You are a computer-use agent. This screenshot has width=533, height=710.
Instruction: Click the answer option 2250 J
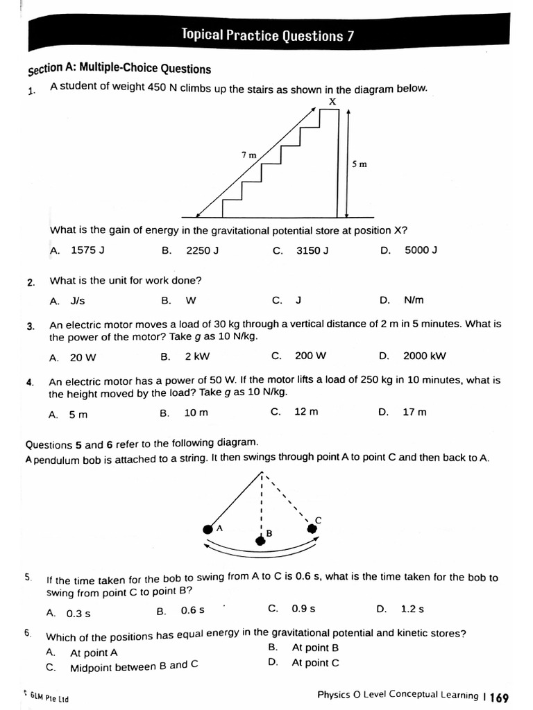202,250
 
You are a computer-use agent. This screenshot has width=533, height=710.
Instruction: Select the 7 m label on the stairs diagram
248,155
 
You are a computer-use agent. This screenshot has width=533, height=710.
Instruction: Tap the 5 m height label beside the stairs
359,164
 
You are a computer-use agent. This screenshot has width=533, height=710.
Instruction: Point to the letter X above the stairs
332,101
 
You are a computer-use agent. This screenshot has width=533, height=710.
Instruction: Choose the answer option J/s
78,301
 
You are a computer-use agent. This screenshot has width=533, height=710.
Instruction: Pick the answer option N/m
413,300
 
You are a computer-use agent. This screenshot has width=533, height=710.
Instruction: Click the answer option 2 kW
197,356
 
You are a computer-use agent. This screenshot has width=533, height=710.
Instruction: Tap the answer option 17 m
414,412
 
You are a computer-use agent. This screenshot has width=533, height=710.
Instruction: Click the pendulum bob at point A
208,530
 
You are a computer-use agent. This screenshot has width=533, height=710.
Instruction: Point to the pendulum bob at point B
260,541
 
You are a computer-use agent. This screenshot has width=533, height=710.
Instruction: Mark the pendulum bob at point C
312,528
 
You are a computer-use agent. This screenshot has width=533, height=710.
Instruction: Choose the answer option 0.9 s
303,609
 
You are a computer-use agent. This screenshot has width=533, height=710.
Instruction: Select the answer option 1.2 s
412,609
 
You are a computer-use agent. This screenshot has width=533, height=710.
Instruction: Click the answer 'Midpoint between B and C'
134,667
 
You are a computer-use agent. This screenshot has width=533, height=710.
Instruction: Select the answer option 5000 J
421,250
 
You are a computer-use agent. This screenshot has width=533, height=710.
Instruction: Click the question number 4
30,382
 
